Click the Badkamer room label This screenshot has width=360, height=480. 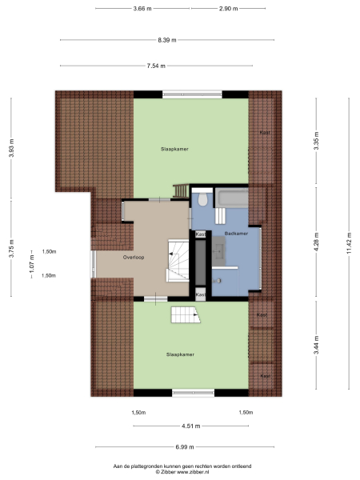pyautogui.click(x=236, y=234)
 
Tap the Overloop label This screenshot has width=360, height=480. pyautogui.click(x=134, y=258)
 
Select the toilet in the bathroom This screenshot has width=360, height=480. pyautogui.click(x=203, y=198)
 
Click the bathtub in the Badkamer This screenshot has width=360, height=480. pyautogui.click(x=232, y=198)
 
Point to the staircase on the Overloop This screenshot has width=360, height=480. pyautogui.click(x=176, y=261)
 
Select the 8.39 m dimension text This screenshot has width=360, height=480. pyautogui.click(x=167, y=39)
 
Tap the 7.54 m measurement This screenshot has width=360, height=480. pyautogui.click(x=155, y=66)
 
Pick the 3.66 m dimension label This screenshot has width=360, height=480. pyautogui.click(x=143, y=8)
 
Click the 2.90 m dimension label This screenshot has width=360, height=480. pyautogui.click(x=228, y=8)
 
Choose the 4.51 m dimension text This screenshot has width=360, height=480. pyautogui.click(x=190, y=426)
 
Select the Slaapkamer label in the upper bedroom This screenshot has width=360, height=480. pyautogui.click(x=174, y=149)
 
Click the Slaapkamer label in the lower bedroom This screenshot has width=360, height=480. pyautogui.click(x=180, y=354)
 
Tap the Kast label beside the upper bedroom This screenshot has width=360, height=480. pyautogui.click(x=264, y=133)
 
